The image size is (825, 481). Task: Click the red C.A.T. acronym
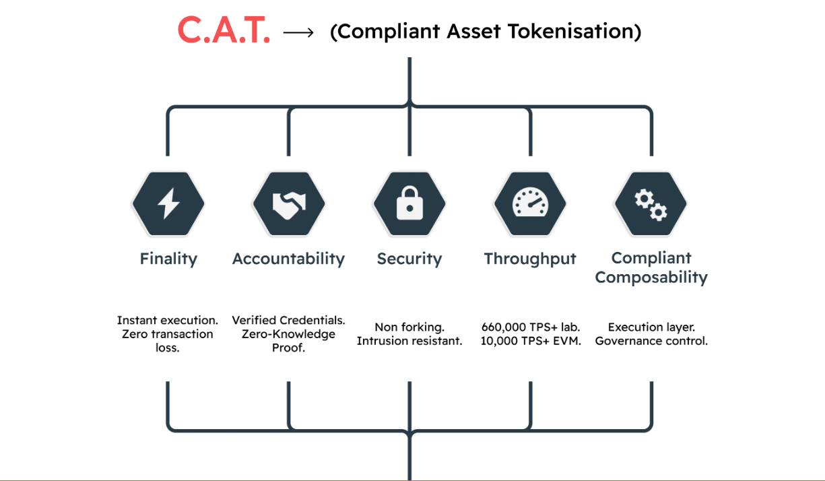(x=224, y=31)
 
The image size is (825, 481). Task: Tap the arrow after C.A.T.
(x=298, y=32)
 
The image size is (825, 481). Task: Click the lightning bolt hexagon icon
(x=168, y=203)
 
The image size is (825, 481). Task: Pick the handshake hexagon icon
(x=288, y=203)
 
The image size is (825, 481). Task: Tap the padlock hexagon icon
(x=409, y=203)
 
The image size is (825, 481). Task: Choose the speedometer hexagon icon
(x=530, y=203)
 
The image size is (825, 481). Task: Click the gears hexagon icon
(x=651, y=203)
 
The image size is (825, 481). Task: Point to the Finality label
(x=168, y=259)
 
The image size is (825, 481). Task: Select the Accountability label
(x=288, y=259)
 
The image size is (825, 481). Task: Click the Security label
(x=409, y=259)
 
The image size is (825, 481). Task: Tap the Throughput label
(x=530, y=259)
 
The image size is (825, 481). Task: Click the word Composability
(x=651, y=278)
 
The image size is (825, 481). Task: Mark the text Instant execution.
(x=167, y=321)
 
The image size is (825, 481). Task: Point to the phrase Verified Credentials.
(x=288, y=321)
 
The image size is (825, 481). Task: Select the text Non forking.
(x=409, y=327)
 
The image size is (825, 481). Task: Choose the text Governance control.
(x=651, y=341)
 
